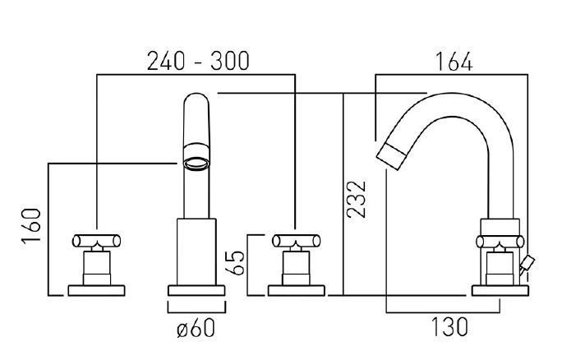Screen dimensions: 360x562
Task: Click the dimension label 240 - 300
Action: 197,61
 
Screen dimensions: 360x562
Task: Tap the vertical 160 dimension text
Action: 30,226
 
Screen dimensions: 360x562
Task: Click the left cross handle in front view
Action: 97,242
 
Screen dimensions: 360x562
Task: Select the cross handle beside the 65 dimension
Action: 295,242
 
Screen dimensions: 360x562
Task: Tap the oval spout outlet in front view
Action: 196,163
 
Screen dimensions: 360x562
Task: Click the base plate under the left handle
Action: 97,290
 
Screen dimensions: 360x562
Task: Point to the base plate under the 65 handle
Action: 295,290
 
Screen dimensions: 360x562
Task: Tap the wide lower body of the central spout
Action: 196,251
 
